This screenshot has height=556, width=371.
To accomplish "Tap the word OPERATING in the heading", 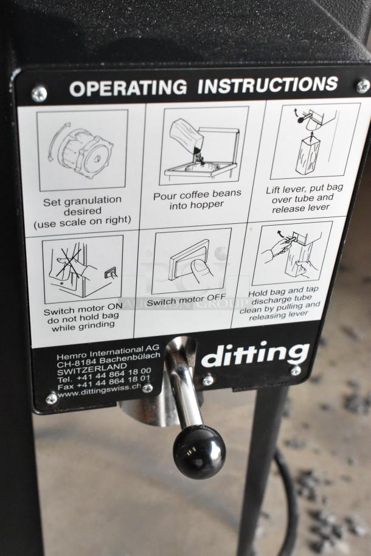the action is (128, 88).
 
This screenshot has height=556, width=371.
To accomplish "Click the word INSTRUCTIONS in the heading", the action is (268, 85).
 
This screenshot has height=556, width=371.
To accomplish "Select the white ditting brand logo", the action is (255, 354).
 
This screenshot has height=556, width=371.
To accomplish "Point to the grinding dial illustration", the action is (82, 150).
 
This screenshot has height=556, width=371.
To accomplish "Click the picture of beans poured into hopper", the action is (203, 146).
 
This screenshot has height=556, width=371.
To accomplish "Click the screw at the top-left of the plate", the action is (39, 94).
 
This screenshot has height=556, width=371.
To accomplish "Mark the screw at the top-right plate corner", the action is (363, 86).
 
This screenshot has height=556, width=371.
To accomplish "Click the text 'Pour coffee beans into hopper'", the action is (197, 200).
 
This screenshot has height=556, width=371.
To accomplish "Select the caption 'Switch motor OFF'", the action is (186, 301).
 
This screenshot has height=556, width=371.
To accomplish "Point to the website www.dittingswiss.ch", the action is (99, 391).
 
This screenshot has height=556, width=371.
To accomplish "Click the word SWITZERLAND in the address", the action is (92, 369).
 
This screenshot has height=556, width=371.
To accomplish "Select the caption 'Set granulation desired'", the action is (83, 206).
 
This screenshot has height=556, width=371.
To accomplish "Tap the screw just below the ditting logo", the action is (296, 371).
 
